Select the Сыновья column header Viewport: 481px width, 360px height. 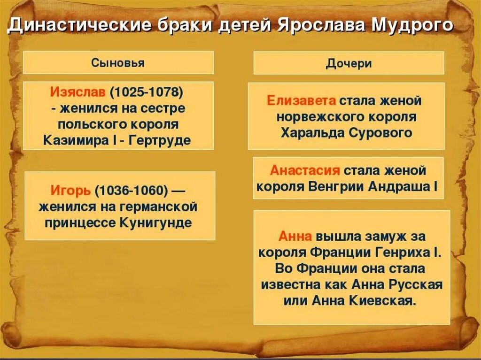click(x=118, y=63)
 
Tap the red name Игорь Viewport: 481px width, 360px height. click(x=70, y=191)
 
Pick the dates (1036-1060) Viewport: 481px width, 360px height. click(x=132, y=191)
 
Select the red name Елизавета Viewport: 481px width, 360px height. click(x=301, y=100)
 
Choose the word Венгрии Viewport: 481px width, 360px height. click(x=336, y=186)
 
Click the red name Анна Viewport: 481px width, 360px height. click(x=295, y=236)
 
